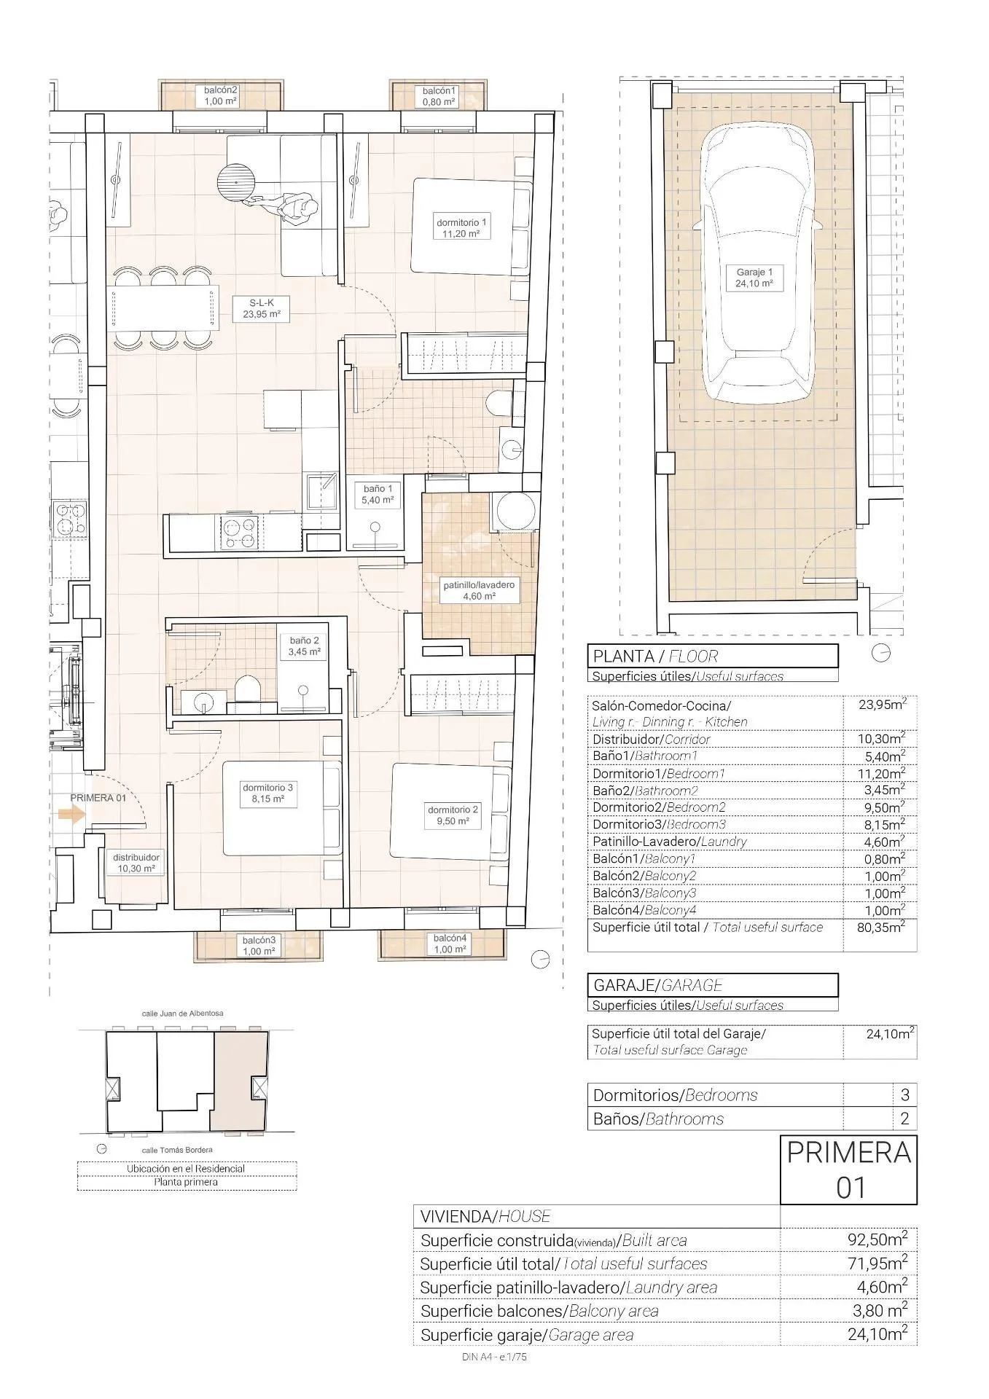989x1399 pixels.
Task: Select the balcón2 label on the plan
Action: pos(220,95)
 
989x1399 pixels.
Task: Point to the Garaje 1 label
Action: pos(754,278)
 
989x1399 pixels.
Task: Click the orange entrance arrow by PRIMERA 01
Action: pos(71,815)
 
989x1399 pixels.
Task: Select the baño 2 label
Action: pos(304,646)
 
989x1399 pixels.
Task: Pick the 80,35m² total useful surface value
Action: pos(880,928)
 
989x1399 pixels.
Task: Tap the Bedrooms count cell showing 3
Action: pos(904,1094)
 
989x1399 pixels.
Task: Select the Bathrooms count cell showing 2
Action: pos(904,1118)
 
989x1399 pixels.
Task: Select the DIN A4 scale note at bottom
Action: pos(493,1357)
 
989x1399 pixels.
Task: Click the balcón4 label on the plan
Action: pos(449,944)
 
